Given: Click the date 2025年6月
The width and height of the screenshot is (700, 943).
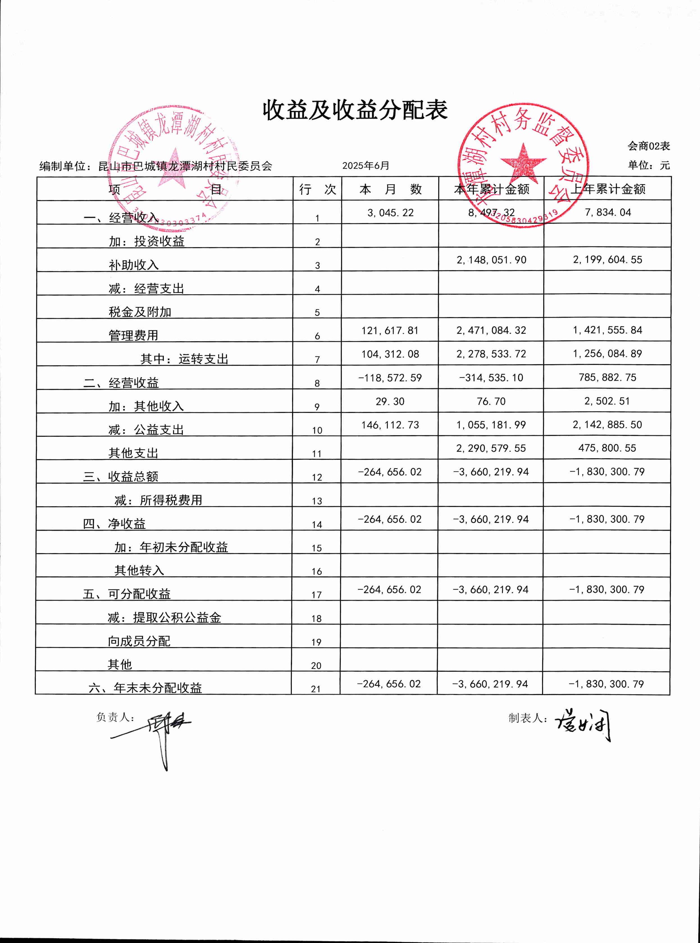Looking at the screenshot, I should [365, 166].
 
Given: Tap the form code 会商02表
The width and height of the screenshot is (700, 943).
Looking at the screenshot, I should [648, 146].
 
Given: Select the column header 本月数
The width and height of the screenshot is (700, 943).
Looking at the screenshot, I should [390, 189].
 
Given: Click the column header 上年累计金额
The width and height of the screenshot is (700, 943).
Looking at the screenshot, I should [607, 189].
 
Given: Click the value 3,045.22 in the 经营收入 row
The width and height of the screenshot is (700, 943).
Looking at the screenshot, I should [390, 213].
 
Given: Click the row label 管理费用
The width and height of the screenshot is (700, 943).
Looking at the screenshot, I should [134, 335].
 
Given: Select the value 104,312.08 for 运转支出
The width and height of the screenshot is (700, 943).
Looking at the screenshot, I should [390, 354].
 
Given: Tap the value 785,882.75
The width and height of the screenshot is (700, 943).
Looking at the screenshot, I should [607, 377].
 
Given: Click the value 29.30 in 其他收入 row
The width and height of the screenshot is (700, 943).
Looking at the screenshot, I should [390, 401].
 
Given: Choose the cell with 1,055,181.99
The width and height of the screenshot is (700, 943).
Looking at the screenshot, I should [491, 425].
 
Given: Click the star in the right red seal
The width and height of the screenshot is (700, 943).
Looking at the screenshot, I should [523, 162].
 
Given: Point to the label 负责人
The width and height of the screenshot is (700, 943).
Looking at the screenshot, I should [115, 717].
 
